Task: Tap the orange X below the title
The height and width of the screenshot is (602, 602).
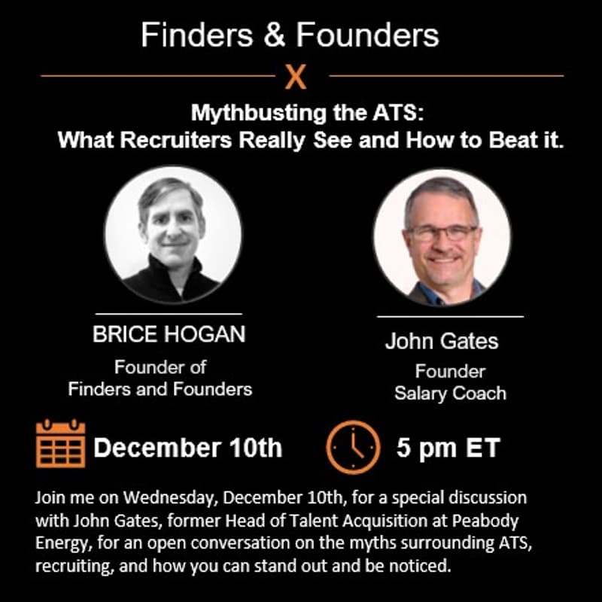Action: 296,77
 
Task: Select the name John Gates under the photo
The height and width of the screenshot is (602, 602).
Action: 442,341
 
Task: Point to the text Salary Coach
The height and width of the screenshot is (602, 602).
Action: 450,393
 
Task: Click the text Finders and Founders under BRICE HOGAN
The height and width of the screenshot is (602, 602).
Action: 160,389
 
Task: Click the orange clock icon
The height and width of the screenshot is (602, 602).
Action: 353,446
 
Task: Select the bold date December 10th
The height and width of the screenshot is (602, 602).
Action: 188,448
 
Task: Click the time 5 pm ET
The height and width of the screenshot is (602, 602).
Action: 448,448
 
